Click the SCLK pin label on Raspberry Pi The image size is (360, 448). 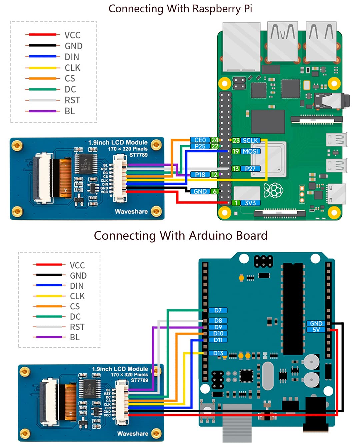250,140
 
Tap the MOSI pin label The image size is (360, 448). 250,151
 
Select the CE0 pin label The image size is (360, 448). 200,140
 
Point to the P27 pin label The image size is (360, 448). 250,169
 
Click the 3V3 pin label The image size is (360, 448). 250,203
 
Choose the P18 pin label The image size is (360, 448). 200,174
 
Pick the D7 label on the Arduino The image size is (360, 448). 218,310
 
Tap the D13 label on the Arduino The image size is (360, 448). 218,353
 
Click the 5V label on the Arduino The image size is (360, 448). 316,330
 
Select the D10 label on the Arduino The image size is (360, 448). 218,333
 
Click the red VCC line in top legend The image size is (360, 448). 42,35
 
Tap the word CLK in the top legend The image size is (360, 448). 72,68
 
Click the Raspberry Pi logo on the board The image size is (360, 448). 273,190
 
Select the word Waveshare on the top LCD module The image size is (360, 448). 131,211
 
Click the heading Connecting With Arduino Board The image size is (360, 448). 180,235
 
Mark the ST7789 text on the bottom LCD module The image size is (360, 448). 139,380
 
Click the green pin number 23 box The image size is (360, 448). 236,140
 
